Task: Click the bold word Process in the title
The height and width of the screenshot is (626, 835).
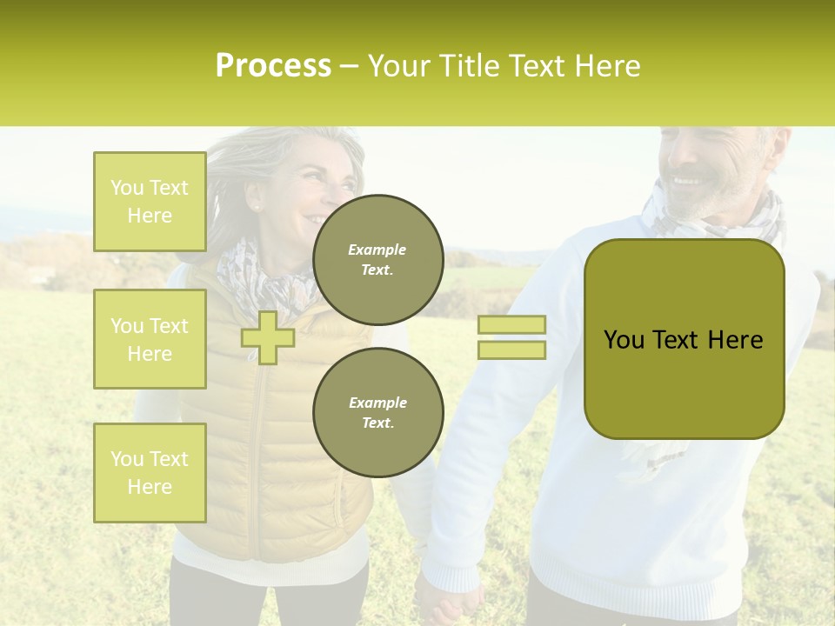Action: click(x=273, y=66)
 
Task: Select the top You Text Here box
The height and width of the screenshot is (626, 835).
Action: click(x=150, y=202)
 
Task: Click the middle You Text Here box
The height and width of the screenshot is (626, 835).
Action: click(x=150, y=339)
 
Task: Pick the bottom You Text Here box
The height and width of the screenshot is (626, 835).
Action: click(x=150, y=473)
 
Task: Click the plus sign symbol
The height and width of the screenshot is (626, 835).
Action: click(x=268, y=336)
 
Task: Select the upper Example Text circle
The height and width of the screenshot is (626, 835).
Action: click(x=377, y=260)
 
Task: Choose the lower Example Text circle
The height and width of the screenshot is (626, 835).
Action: click(x=377, y=412)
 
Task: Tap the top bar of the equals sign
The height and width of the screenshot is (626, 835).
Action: click(x=511, y=324)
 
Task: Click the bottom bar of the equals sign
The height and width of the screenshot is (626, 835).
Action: click(x=511, y=350)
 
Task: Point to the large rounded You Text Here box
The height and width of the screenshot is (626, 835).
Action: click(x=684, y=339)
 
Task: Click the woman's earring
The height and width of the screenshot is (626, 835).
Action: click(x=256, y=207)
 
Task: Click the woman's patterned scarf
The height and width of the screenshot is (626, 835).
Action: click(x=261, y=278)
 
